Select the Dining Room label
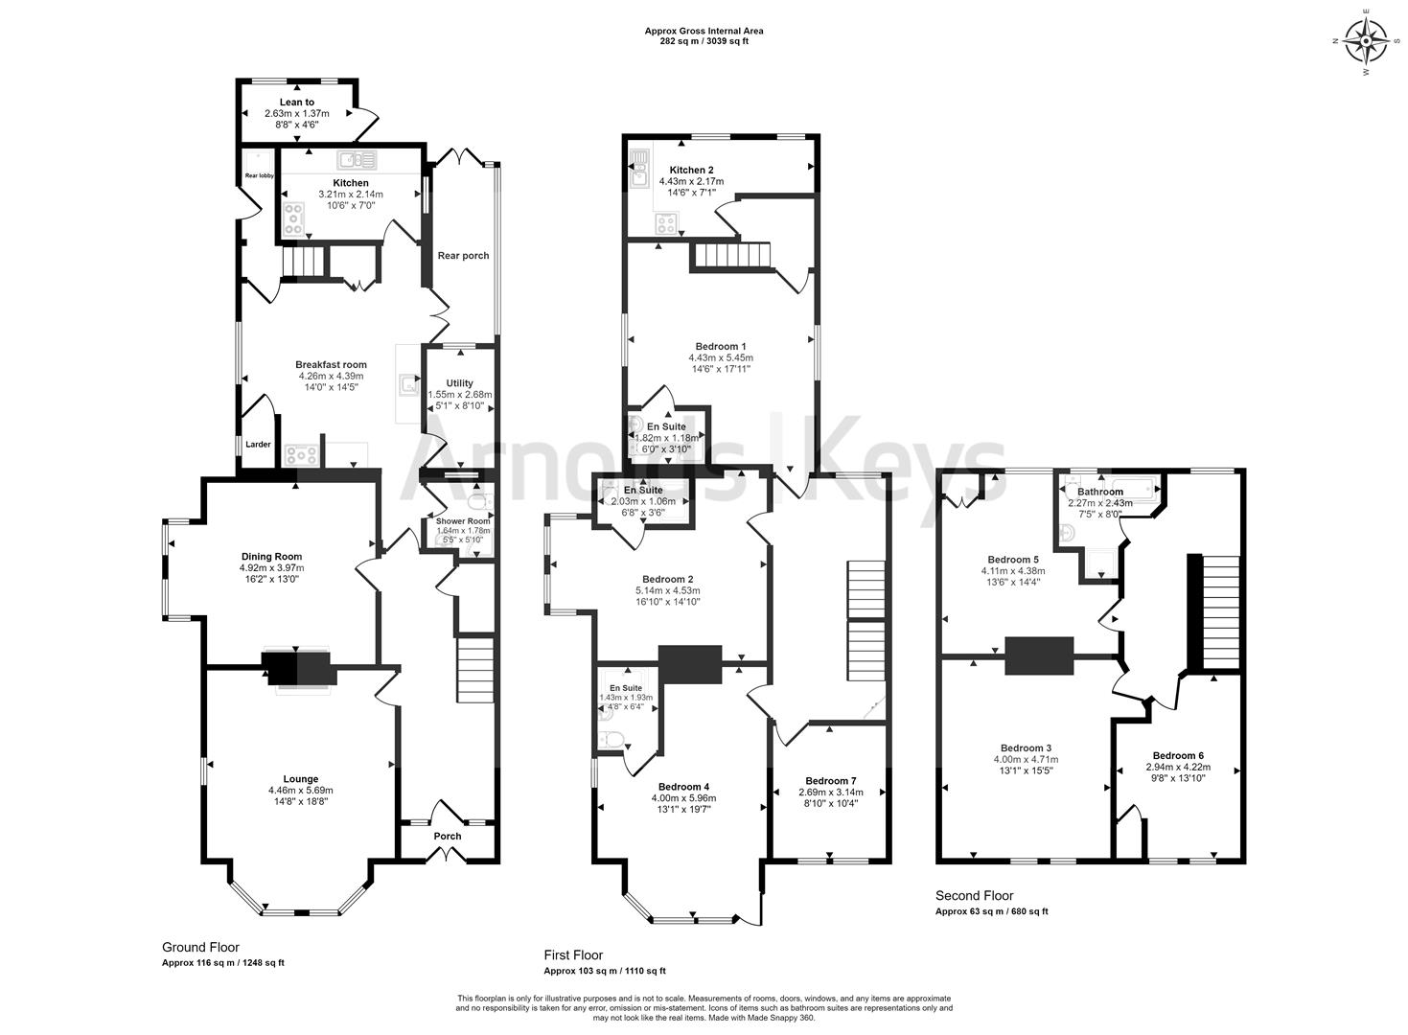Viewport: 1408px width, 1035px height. [271, 557]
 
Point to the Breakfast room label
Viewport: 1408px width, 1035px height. [331, 364]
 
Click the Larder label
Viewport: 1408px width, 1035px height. [258, 445]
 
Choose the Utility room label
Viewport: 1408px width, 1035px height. [460, 383]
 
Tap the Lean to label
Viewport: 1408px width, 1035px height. [296, 103]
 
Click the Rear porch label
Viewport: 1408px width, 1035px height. [463, 256]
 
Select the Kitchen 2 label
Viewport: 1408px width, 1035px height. [691, 170]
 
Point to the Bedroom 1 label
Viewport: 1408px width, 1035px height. [721, 346]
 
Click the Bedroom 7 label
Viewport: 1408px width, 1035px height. [831, 780]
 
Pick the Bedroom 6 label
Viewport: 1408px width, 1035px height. [1178, 754]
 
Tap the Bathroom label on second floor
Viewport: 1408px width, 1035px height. [1099, 492]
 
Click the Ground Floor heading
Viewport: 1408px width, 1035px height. [200, 947]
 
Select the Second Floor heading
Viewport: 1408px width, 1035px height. [974, 895]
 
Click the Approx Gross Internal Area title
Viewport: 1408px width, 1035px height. [704, 32]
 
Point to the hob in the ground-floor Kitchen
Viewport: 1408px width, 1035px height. [293, 218]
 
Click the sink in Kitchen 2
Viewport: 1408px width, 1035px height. [639, 167]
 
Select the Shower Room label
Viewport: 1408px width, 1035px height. [463, 521]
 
